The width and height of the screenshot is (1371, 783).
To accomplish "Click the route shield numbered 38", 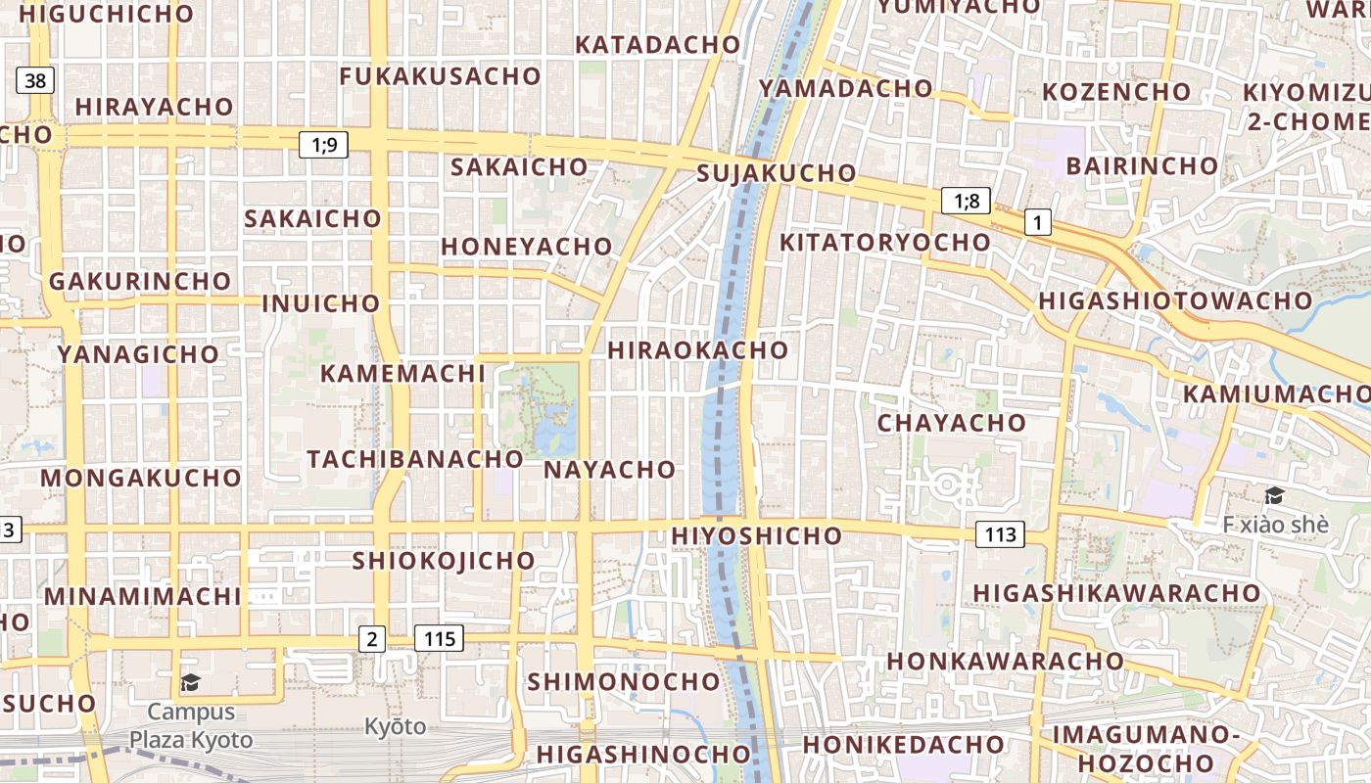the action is tap(35, 80).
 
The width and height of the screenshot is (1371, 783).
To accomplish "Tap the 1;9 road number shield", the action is tap(324, 146).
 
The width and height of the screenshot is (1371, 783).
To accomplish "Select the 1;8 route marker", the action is tap(967, 202).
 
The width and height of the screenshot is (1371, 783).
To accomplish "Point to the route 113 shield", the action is tap(1000, 534).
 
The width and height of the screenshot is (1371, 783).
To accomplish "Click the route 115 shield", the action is tap(440, 639).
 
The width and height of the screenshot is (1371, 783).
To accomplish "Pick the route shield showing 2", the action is tap(371, 639).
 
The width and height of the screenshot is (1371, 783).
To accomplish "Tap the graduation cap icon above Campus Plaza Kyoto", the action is tap(190, 682).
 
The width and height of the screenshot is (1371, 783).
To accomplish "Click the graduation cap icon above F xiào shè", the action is tap(1274, 496).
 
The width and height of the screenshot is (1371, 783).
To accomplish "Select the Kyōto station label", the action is tap(396, 726).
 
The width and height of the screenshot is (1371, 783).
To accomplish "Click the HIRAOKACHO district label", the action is tap(697, 350).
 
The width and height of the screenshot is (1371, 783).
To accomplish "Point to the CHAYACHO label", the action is tap(951, 424).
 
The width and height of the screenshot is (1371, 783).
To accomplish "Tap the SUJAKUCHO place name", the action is tap(777, 174).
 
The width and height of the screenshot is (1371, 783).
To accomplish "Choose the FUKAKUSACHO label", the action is tap(440, 76).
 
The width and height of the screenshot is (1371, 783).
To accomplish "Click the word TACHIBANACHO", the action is tap(415, 459).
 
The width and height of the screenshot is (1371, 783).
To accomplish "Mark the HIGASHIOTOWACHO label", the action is tap(1175, 300).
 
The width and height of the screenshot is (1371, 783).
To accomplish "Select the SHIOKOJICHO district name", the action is tap(444, 561).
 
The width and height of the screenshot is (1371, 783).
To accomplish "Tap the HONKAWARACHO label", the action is tap(1005, 661).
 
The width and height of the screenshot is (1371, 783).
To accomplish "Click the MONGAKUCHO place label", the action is tap(141, 479).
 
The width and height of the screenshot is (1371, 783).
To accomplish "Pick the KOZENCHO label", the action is tap(1116, 92).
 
